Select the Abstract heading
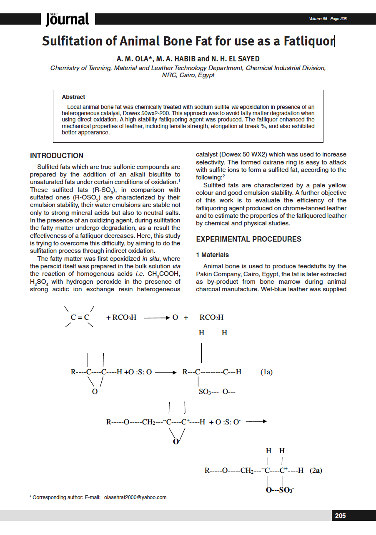[73, 97]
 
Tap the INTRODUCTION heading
[57, 156]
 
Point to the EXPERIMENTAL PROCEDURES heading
[248, 239]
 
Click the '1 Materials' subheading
[212, 255]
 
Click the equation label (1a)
[266, 371]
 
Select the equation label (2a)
[316, 470]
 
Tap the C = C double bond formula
[80, 317]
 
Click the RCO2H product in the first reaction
[211, 317]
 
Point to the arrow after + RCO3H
[157, 318]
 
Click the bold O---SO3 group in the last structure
[280, 490]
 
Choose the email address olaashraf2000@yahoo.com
[135, 497]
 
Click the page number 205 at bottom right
[340, 516]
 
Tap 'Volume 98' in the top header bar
[318, 19]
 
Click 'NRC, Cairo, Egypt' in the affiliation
[188, 75]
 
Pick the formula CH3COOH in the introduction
[164, 274]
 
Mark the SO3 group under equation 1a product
[206, 392]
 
